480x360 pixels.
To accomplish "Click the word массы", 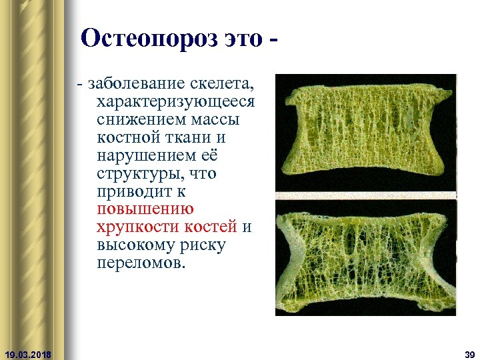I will tap(219, 121).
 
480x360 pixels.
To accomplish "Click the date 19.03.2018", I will tap(28, 353).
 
